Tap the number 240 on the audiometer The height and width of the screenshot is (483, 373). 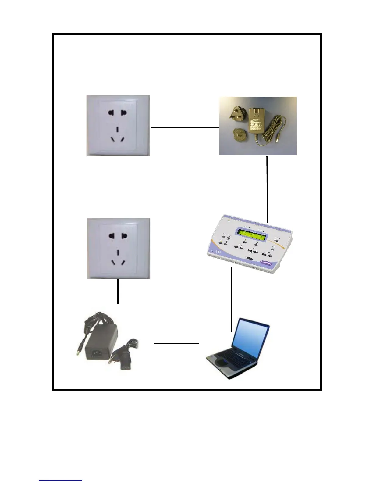tap(218, 252)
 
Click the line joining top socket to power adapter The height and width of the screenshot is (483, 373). tap(185, 127)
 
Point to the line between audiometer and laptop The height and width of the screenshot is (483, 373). tap(231, 299)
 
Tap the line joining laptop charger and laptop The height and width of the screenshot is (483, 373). tap(176, 343)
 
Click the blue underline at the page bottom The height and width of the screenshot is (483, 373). tap(60, 481)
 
